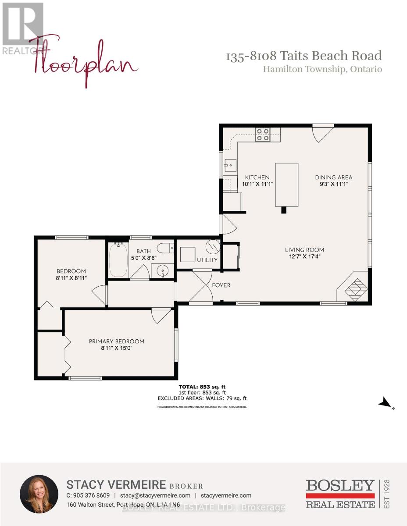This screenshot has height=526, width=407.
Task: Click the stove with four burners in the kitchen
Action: pyautogui.click(x=263, y=134)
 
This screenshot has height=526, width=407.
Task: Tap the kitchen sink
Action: pyautogui.click(x=229, y=165)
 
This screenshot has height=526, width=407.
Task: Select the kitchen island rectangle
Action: pyautogui.click(x=287, y=185)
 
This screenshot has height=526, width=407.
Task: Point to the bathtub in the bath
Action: pyautogui.click(x=118, y=260)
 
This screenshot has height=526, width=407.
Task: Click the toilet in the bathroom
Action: pyautogui.click(x=165, y=249)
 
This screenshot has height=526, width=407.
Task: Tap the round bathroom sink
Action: pyautogui.click(x=162, y=270)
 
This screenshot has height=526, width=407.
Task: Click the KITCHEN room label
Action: pyautogui.click(x=257, y=177)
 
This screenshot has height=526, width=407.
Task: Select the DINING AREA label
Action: pyautogui.click(x=333, y=177)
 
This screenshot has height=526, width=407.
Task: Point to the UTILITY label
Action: pyautogui.click(x=207, y=260)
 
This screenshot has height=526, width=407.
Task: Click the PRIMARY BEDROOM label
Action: pyautogui.click(x=116, y=341)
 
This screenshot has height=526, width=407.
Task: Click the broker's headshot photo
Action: pyautogui.click(x=39, y=494)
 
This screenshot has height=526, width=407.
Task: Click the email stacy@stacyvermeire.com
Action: pyautogui.click(x=155, y=495)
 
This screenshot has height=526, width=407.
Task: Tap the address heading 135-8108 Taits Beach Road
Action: pyautogui.click(x=303, y=56)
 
